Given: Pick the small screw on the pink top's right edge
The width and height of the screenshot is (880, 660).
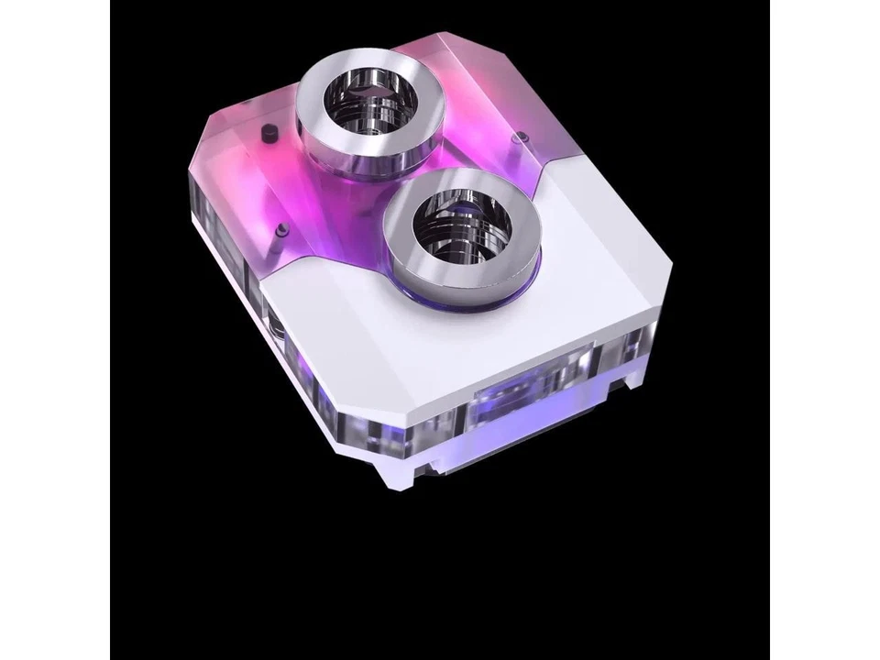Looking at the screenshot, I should pos(520,137).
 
